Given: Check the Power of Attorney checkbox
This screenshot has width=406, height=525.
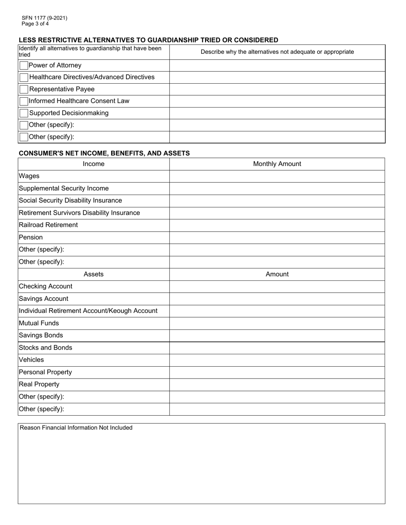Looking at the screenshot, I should [24, 66].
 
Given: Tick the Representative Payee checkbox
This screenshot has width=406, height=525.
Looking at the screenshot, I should [24, 90].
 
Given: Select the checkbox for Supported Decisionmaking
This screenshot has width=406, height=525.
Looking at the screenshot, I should [24, 114].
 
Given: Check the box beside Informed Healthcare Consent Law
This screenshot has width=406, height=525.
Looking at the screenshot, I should [24, 102].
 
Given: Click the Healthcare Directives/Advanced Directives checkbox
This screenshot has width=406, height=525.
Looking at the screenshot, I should [24, 78].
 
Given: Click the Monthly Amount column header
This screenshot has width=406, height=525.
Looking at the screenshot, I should [277, 164].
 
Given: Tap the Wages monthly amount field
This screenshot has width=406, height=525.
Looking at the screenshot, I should [277, 176].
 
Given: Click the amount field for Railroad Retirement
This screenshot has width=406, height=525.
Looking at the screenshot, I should [277, 225].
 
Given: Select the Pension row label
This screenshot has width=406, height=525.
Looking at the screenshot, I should [31, 237].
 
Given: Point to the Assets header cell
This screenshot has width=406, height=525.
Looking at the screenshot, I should [93, 274].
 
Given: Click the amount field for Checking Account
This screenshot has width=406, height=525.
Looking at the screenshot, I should [277, 286].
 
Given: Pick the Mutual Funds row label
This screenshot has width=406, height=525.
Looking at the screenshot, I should [39, 324].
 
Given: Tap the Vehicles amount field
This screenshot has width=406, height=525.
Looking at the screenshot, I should [277, 360].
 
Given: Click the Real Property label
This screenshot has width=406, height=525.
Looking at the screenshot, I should [39, 385].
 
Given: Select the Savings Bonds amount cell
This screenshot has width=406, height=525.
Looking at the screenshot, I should [277, 335].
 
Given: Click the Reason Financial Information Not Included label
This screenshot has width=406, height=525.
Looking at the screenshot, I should [76, 428].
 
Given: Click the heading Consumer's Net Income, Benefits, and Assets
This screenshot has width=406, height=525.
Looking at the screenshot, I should [104, 153].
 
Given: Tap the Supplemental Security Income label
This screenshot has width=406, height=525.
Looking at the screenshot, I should [64, 189].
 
